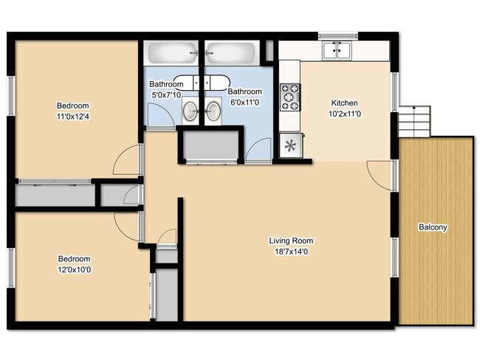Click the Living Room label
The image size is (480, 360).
click(x=291, y=240)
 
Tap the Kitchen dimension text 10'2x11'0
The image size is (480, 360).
click(x=344, y=114)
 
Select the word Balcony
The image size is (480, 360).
click(x=433, y=227)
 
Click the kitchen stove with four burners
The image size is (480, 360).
click(x=290, y=97)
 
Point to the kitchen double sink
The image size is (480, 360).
click(x=337, y=50)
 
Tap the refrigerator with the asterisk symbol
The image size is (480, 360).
click(x=291, y=145)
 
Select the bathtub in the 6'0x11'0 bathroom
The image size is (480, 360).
click(x=230, y=52)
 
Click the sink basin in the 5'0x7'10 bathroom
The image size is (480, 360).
click(x=191, y=111)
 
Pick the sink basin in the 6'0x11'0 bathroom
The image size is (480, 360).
click(x=213, y=111)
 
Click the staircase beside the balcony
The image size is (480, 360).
click(x=414, y=122)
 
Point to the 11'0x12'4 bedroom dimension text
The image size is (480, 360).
click(x=73, y=117)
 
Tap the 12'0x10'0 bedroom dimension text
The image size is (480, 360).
click(x=75, y=270)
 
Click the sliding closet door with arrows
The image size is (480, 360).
click(x=55, y=181)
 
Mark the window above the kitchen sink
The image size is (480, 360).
click(x=338, y=36)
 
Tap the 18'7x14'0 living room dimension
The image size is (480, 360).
click(x=291, y=252)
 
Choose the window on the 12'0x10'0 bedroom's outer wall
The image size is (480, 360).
click(x=11, y=268)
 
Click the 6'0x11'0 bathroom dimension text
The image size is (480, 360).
click(x=244, y=103)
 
